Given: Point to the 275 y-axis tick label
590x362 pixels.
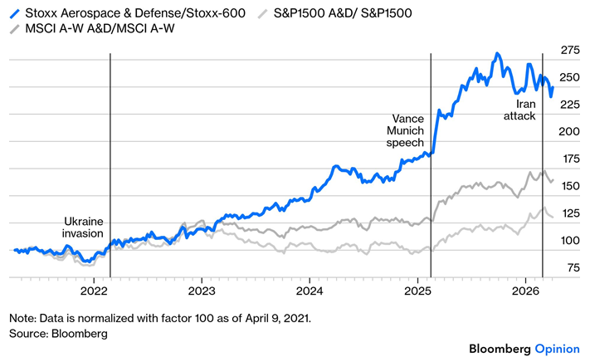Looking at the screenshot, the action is pyautogui.click(x=570, y=50).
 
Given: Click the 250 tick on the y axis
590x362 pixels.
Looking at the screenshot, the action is pyautogui.click(x=570, y=77).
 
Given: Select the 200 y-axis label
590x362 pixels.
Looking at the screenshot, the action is pyautogui.click(x=569, y=131).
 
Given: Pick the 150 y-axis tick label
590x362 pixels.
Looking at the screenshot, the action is pyautogui.click(x=571, y=186).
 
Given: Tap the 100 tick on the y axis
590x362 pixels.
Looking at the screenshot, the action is pyautogui.click(x=571, y=240).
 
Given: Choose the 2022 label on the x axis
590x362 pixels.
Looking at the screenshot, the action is pyautogui.click(x=94, y=291).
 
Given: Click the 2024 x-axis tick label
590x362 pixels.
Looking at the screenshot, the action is pyautogui.click(x=310, y=291).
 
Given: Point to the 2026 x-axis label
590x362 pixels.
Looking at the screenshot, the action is pyautogui.click(x=525, y=291).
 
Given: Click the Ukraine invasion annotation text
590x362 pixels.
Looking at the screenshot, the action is pyautogui.click(x=83, y=227).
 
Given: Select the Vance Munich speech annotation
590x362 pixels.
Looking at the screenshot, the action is pyautogui.click(x=405, y=130).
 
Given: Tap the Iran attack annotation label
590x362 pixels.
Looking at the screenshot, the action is pyautogui.click(x=519, y=110).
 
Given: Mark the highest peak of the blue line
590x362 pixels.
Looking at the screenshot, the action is pyautogui.click(x=497, y=53).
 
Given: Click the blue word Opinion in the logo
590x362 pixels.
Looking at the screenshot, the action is pyautogui.click(x=558, y=349).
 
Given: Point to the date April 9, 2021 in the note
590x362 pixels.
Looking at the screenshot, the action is pyautogui.click(x=278, y=318).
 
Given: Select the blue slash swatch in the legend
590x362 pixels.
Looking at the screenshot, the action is pyautogui.click(x=15, y=13).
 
